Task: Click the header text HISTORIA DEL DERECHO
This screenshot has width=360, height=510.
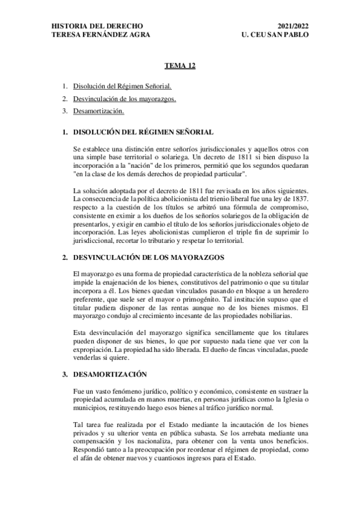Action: [x=97, y=26]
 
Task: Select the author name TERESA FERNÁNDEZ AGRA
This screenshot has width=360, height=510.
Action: [x=101, y=35]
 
